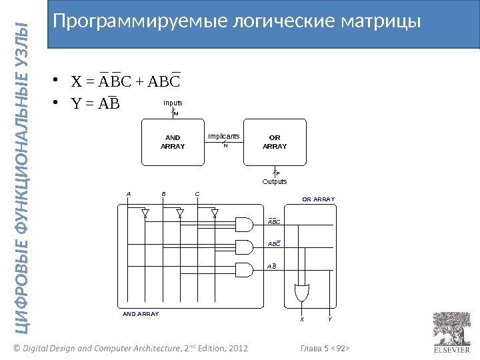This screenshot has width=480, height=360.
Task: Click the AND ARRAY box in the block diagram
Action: point(173,143)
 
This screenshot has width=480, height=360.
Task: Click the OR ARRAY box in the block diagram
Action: point(275,143)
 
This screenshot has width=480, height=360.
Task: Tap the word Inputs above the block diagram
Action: point(173,103)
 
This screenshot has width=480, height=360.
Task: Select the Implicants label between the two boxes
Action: point(224,135)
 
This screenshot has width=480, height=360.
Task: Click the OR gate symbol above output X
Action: point(301,291)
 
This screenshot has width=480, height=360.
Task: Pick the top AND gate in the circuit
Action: point(244,225)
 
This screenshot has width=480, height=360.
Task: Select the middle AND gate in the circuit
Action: point(244,247)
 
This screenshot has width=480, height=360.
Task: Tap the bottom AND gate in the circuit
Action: point(244,269)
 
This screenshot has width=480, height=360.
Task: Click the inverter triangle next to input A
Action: point(145,213)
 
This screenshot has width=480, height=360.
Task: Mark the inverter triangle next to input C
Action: point(215,213)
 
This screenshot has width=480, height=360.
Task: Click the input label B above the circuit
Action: point(163,194)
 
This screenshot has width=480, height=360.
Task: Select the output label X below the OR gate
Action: point(301,319)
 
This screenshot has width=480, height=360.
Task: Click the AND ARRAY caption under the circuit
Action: point(141,312)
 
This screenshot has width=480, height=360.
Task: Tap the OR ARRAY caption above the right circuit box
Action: point(318,199)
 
